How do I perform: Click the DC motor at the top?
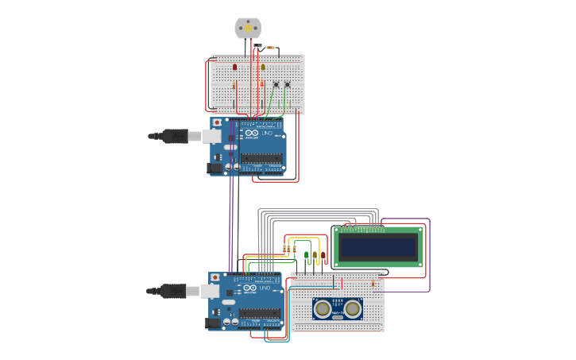click(x=248, y=28)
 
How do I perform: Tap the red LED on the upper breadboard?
click(x=234, y=68)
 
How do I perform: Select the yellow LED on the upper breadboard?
click(x=263, y=68)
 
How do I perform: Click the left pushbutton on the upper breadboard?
click(x=276, y=84)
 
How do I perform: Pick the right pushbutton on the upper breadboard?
click(x=288, y=84)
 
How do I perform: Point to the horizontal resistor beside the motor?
click(x=271, y=48)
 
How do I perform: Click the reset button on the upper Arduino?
click(x=217, y=123)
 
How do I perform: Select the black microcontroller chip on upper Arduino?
click(x=261, y=158)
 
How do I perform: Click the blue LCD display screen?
click(x=378, y=246)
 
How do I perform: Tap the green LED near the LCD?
click(x=307, y=255)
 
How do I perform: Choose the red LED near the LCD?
click(x=323, y=255)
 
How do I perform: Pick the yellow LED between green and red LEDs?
click(x=315, y=255)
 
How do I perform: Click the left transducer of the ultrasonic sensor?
click(x=323, y=308)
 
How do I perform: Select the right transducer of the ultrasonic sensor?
click(x=352, y=308)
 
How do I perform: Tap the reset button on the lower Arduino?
click(x=215, y=278)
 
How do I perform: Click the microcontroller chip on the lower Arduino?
click(x=260, y=313)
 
